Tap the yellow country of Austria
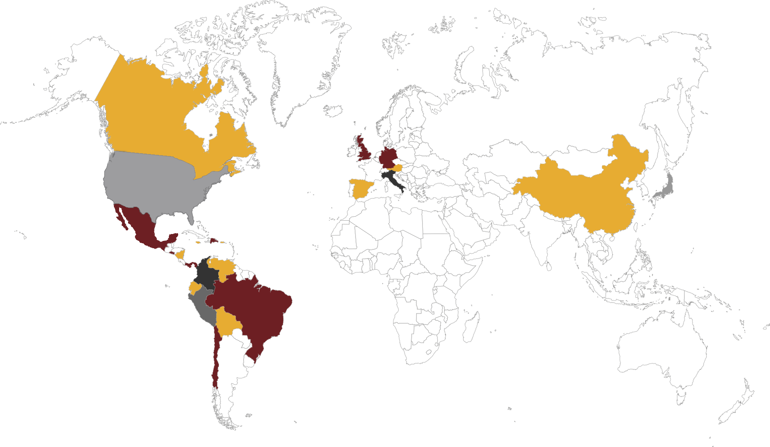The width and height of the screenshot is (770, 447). coord(398,168)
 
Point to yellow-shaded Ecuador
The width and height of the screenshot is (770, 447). coord(195,288)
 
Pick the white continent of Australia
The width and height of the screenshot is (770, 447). coord(663,352)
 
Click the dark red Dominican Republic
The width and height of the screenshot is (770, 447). coord(215,241)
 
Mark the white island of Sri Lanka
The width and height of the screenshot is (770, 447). coord(549,267)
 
